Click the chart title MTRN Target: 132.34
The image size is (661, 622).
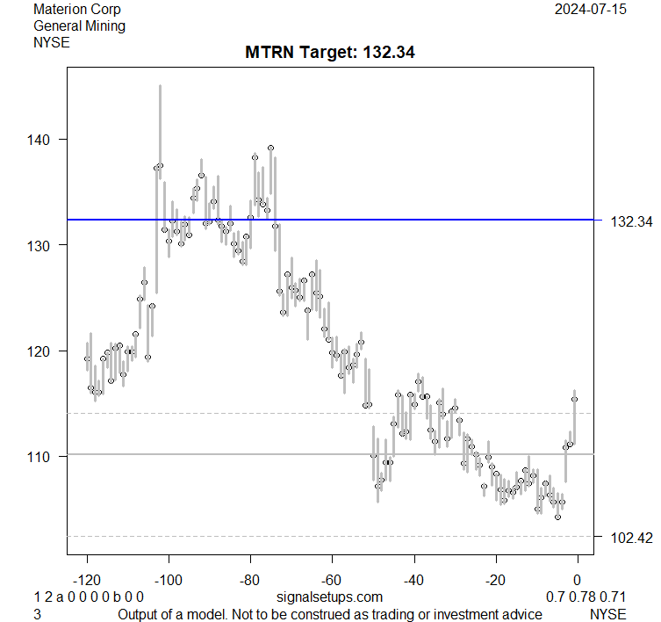point(329,52)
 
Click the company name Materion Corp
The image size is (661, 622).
point(77,10)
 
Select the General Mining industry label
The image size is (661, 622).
point(79,25)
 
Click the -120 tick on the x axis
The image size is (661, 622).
point(87,580)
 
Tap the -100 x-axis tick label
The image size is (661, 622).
point(169,580)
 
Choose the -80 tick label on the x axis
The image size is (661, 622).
point(250,580)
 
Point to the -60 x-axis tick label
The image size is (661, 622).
point(332,580)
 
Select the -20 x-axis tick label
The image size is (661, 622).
point(496,580)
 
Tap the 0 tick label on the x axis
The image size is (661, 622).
point(578,580)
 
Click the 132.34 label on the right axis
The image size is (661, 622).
point(630,221)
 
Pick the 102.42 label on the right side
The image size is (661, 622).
point(630,537)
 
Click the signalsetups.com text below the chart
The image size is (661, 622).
point(329,597)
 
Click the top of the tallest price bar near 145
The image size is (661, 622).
point(160,86)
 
